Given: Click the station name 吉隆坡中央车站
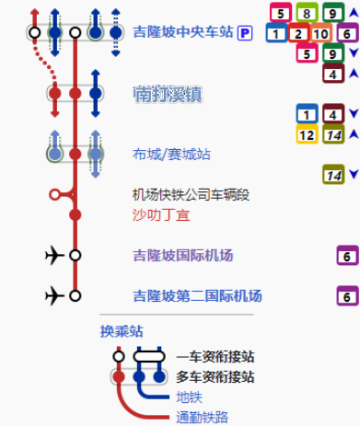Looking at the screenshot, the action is click(x=183, y=32).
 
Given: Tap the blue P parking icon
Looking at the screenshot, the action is click(x=245, y=33).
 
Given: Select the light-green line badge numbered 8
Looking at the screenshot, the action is click(x=307, y=13).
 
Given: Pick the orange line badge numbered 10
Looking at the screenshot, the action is click(x=320, y=33).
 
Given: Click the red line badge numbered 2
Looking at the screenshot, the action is click(x=298, y=33).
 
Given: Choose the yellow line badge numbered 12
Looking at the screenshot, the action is click(x=307, y=134).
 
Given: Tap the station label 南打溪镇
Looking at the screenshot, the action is click(x=168, y=94).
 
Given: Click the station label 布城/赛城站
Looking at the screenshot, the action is click(x=171, y=154).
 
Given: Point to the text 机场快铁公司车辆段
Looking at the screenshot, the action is click(x=191, y=195).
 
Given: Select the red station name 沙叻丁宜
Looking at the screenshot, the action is click(x=161, y=215).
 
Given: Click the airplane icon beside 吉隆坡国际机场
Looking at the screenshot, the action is click(x=54, y=255).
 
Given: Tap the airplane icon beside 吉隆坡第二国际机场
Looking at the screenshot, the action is click(x=54, y=295).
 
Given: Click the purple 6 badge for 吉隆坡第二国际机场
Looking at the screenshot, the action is click(x=347, y=296).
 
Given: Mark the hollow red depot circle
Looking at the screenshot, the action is click(x=54, y=194).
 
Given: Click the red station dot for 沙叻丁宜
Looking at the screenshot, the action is click(x=75, y=214).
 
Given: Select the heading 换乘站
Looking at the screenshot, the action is click(x=122, y=331).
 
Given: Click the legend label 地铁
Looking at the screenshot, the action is click(x=189, y=397).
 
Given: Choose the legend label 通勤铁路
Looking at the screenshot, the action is click(x=203, y=418).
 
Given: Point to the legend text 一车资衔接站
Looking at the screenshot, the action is click(x=215, y=357).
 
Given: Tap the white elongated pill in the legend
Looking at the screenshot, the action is click(x=149, y=357).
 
